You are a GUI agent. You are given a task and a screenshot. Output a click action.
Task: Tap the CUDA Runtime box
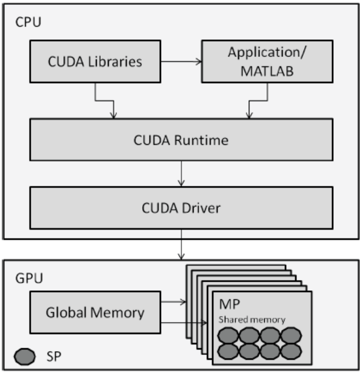click(x=181, y=140)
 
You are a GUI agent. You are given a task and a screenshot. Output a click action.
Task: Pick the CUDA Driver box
click(x=181, y=208)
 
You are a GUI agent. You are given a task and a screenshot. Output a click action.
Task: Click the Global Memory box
click(x=95, y=313)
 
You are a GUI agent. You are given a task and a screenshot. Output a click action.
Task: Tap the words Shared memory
click(x=252, y=319)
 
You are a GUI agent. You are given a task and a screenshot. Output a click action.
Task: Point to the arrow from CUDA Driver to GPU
click(x=181, y=248)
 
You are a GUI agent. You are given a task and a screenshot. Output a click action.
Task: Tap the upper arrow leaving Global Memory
click(x=173, y=300)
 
